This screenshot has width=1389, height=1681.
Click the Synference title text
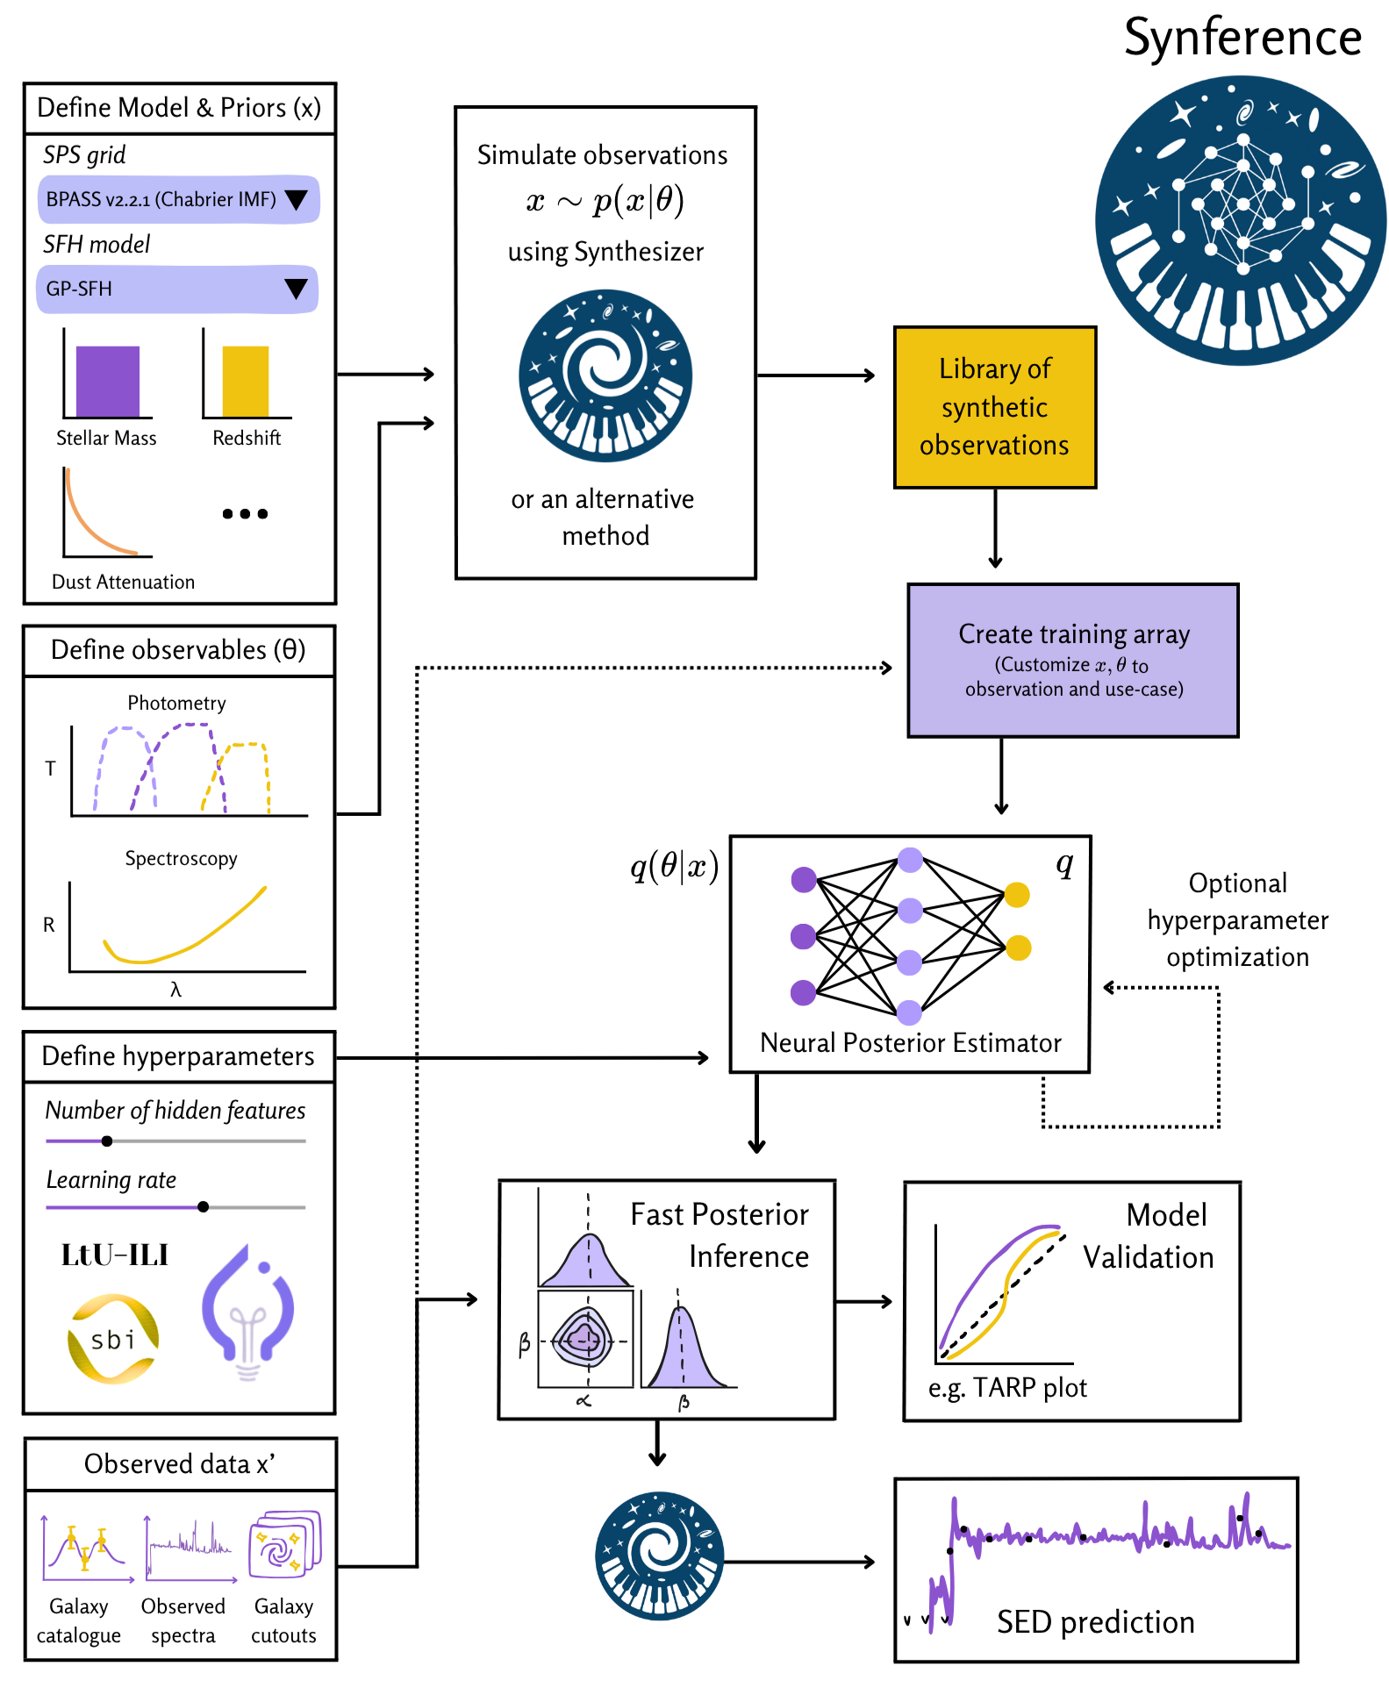1242,38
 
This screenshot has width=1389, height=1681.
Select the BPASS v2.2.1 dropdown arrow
297,200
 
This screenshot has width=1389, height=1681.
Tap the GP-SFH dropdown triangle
297,289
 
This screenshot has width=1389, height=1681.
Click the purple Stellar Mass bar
108,381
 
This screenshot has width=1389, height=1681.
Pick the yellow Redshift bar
246,381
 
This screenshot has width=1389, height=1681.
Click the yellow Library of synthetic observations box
995,407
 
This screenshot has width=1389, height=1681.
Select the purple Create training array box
1073,661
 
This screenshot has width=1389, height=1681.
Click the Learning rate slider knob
204,1207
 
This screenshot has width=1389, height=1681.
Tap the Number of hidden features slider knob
107,1141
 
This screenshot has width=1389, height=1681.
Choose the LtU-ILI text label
114,1255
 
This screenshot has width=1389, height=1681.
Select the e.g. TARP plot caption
1007,1388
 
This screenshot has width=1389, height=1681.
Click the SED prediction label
1095,1622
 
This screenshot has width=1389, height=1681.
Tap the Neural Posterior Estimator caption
910,1043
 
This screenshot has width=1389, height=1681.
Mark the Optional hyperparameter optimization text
1237,920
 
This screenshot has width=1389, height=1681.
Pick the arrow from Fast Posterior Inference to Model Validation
863,1302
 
